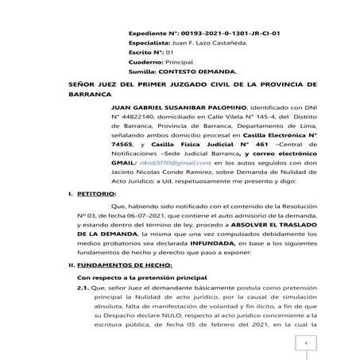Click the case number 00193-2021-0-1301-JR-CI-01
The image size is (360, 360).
click(219, 35)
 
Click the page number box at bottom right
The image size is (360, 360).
click(302, 343)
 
